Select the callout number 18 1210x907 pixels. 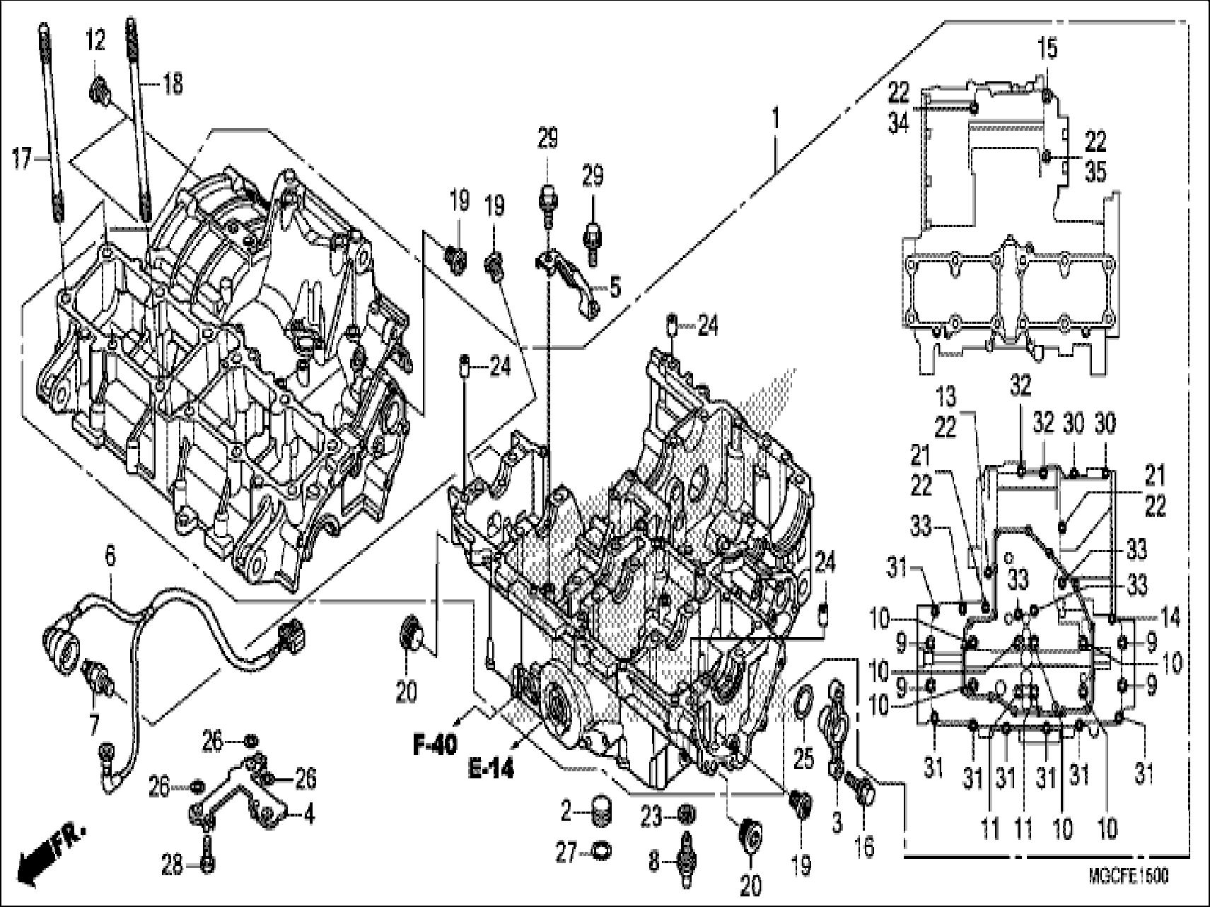tap(172, 84)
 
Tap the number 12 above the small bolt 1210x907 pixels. tap(95, 40)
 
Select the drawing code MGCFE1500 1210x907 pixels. tap(1128, 877)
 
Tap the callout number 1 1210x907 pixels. tap(776, 119)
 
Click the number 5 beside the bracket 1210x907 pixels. tap(615, 288)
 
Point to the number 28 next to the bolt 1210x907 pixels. tap(173, 865)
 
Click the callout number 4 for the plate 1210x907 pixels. tap(308, 814)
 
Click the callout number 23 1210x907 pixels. tap(651, 817)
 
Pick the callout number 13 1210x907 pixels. tap(948, 393)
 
